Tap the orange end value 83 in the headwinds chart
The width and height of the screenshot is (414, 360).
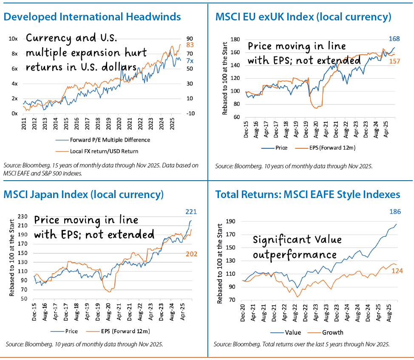(190, 45)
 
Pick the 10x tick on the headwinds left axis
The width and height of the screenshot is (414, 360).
(13, 39)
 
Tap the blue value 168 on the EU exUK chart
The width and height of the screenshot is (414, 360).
(401, 38)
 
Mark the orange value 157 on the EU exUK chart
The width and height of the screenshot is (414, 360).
(401, 61)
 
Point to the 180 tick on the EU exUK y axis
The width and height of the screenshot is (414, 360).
(234, 40)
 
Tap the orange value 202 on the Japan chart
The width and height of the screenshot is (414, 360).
(190, 254)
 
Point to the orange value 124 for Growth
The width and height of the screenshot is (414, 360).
(397, 271)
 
